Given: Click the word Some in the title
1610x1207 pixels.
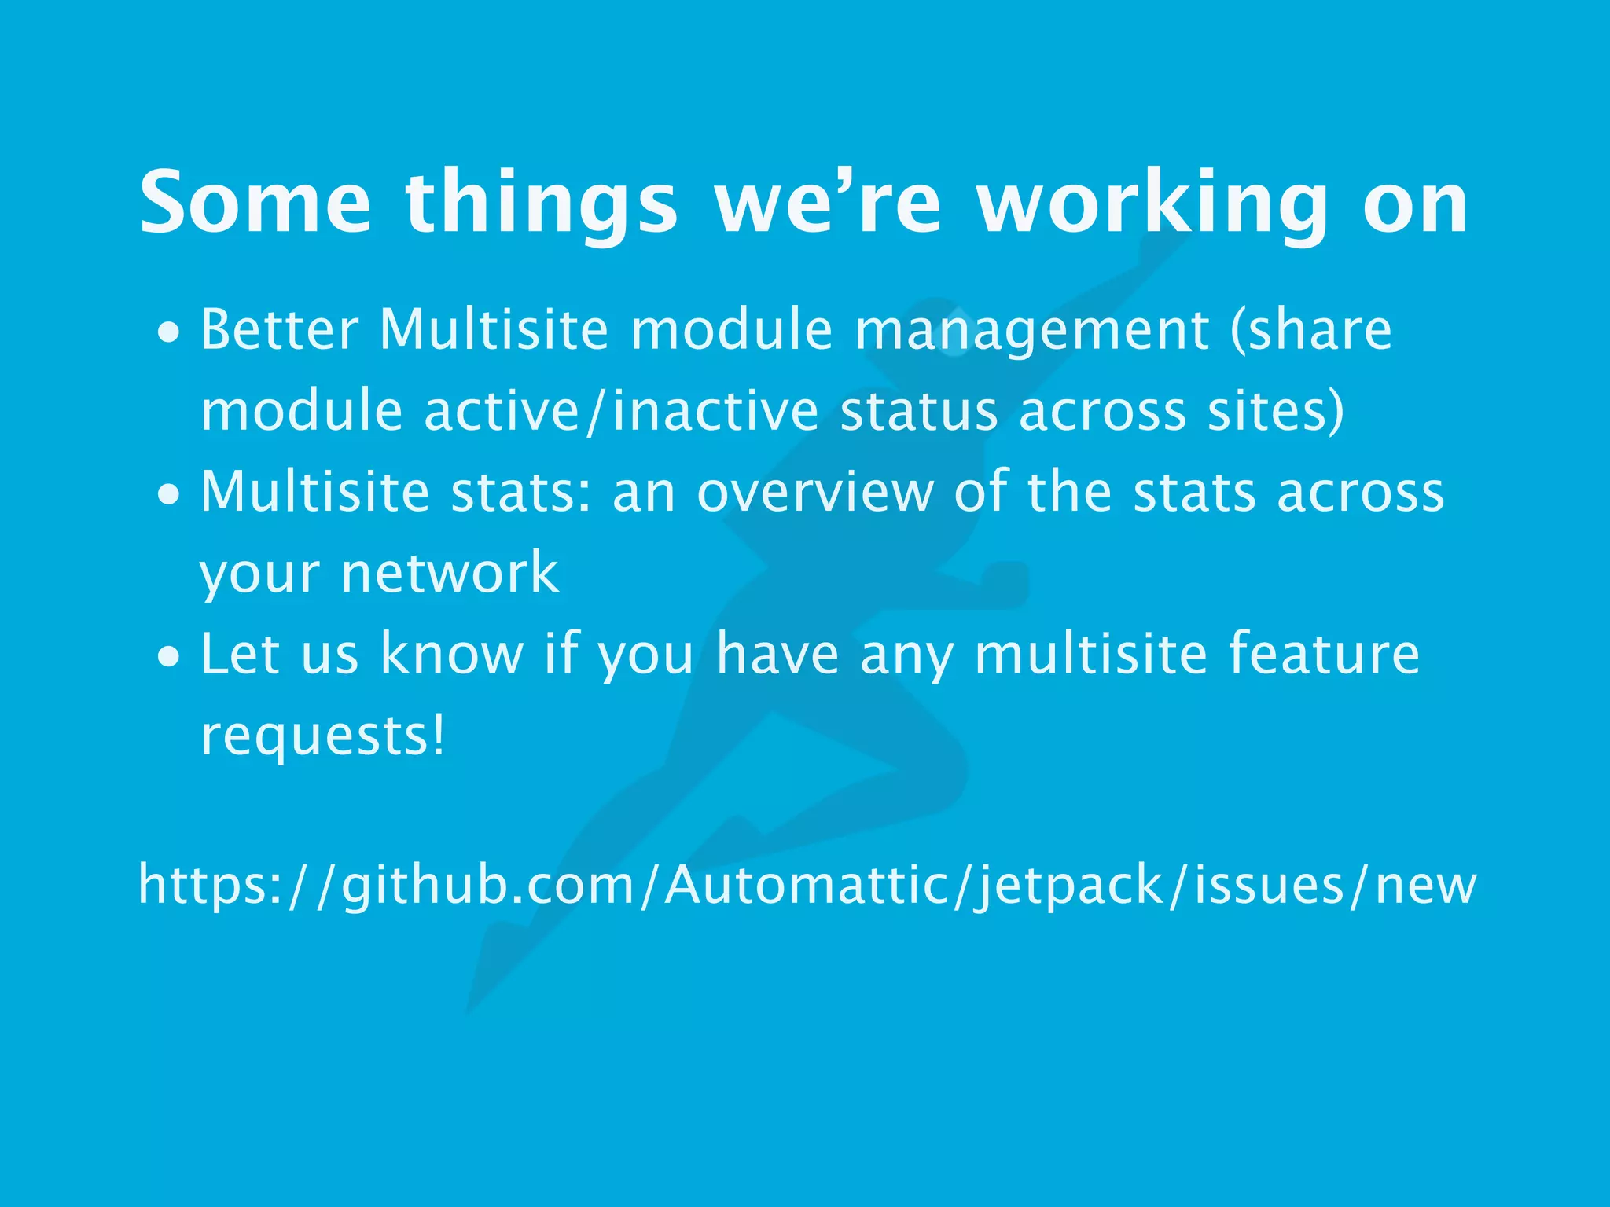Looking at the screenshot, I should (255, 203).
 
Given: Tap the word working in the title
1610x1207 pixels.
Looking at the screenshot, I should (1152, 203).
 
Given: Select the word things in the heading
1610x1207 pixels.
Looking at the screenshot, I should (541, 203).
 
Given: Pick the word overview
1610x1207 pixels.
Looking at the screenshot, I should (815, 492).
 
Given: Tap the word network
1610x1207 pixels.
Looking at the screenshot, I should (450, 572).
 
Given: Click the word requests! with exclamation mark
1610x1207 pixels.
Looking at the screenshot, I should (322, 736).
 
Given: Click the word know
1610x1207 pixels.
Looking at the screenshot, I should (452, 654).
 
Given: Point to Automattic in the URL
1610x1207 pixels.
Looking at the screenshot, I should (807, 885).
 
